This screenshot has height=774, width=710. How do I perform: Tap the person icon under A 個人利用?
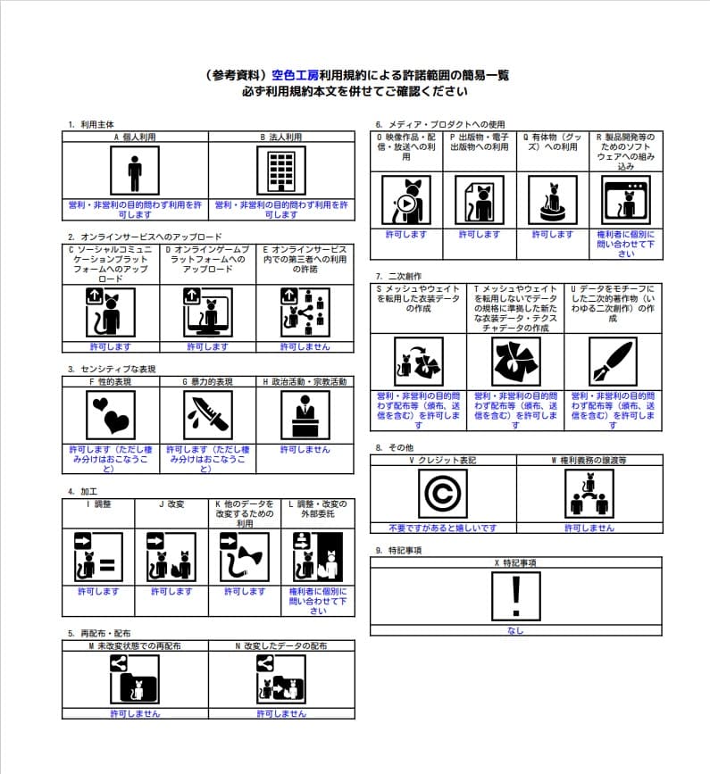tap(135, 171)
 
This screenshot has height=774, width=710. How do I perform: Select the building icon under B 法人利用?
tap(281, 171)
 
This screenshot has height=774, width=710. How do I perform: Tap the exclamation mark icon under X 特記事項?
tap(515, 596)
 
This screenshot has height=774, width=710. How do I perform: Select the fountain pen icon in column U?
tap(613, 362)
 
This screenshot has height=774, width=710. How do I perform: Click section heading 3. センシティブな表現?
tap(112, 369)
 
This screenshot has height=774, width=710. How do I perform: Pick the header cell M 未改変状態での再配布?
tap(135, 645)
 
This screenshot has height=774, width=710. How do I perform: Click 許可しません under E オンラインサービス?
tap(305, 346)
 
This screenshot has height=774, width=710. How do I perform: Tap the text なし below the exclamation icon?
tap(515, 630)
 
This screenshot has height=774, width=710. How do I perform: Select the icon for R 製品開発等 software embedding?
tap(626, 199)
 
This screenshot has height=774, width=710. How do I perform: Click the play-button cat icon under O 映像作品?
tap(406, 199)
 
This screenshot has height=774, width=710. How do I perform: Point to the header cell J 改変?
tap(171, 504)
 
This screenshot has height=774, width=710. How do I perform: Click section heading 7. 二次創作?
tap(398, 277)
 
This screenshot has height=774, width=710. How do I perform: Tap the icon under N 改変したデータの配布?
tap(281, 679)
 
